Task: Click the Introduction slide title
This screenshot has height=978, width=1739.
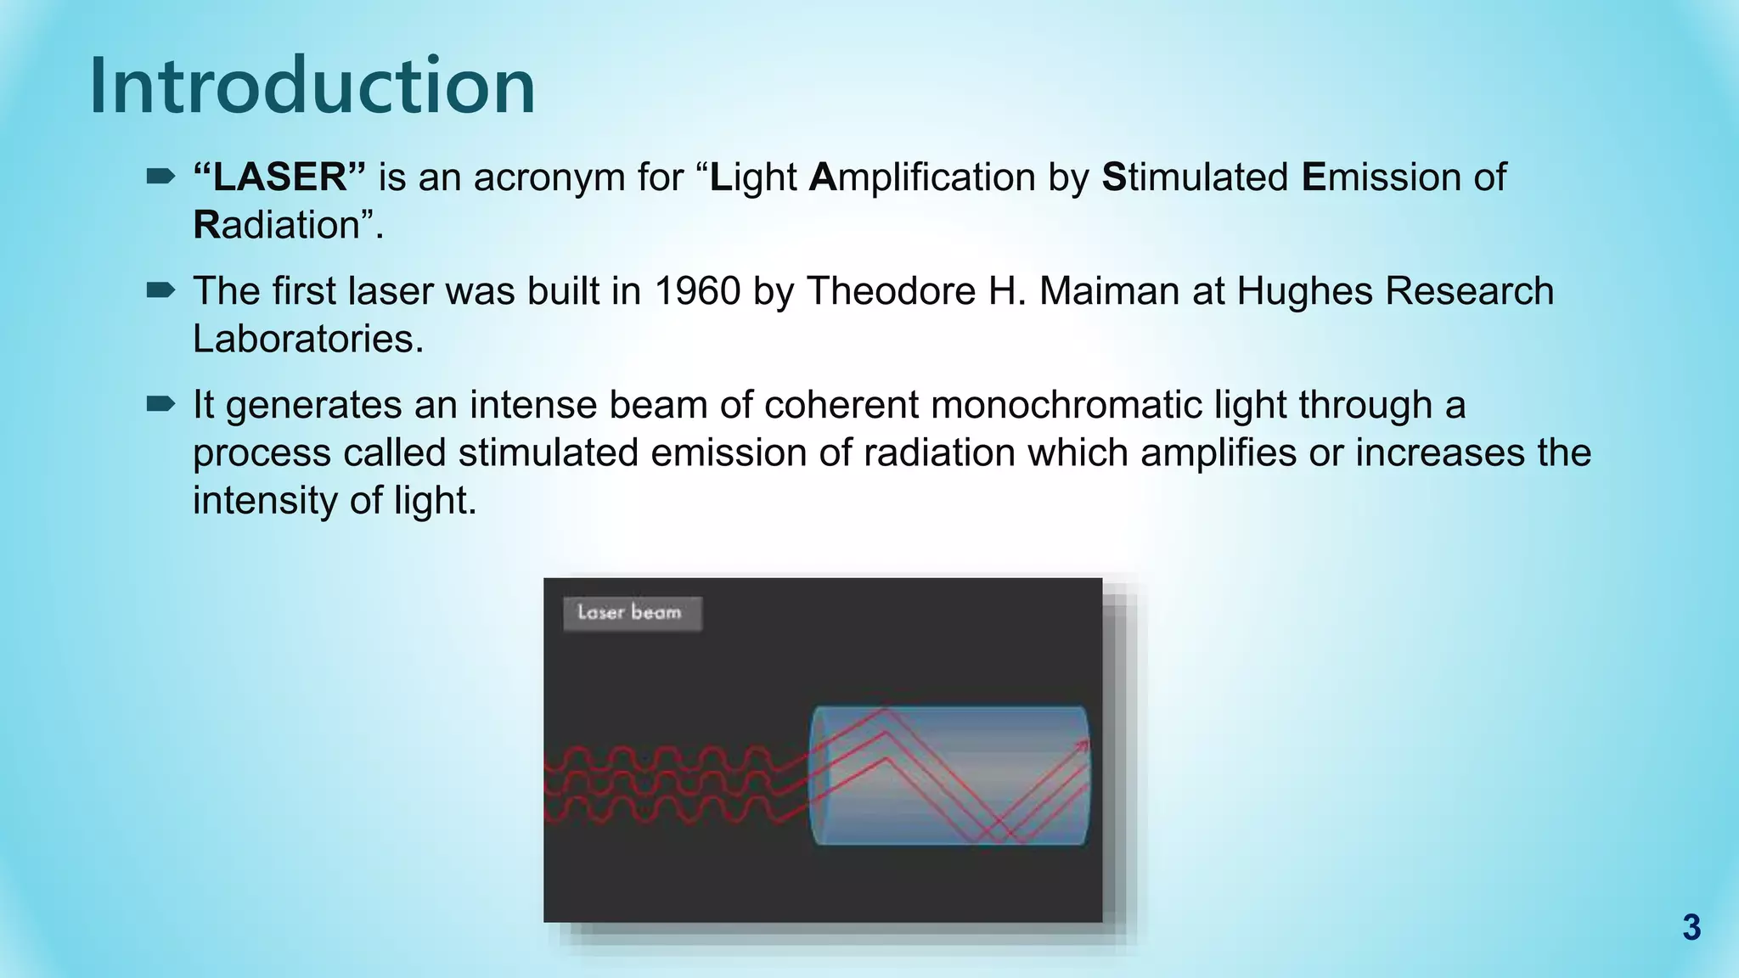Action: (312, 85)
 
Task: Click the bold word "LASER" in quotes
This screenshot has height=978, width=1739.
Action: (279, 177)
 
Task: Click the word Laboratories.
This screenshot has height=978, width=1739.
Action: (307, 340)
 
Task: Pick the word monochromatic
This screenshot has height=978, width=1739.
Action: (1066, 405)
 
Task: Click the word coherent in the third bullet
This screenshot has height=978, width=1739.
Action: (841, 405)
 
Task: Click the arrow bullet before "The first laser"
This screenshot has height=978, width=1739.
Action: (160, 291)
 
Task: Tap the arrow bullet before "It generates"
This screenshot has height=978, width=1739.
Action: (160, 405)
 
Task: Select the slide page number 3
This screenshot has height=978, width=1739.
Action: (1691, 928)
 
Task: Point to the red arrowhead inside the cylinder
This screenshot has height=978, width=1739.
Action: (1082, 746)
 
